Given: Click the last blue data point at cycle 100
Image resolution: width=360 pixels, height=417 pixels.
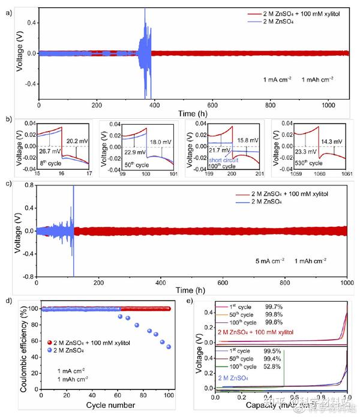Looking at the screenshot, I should pyautogui.click(x=169, y=347).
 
